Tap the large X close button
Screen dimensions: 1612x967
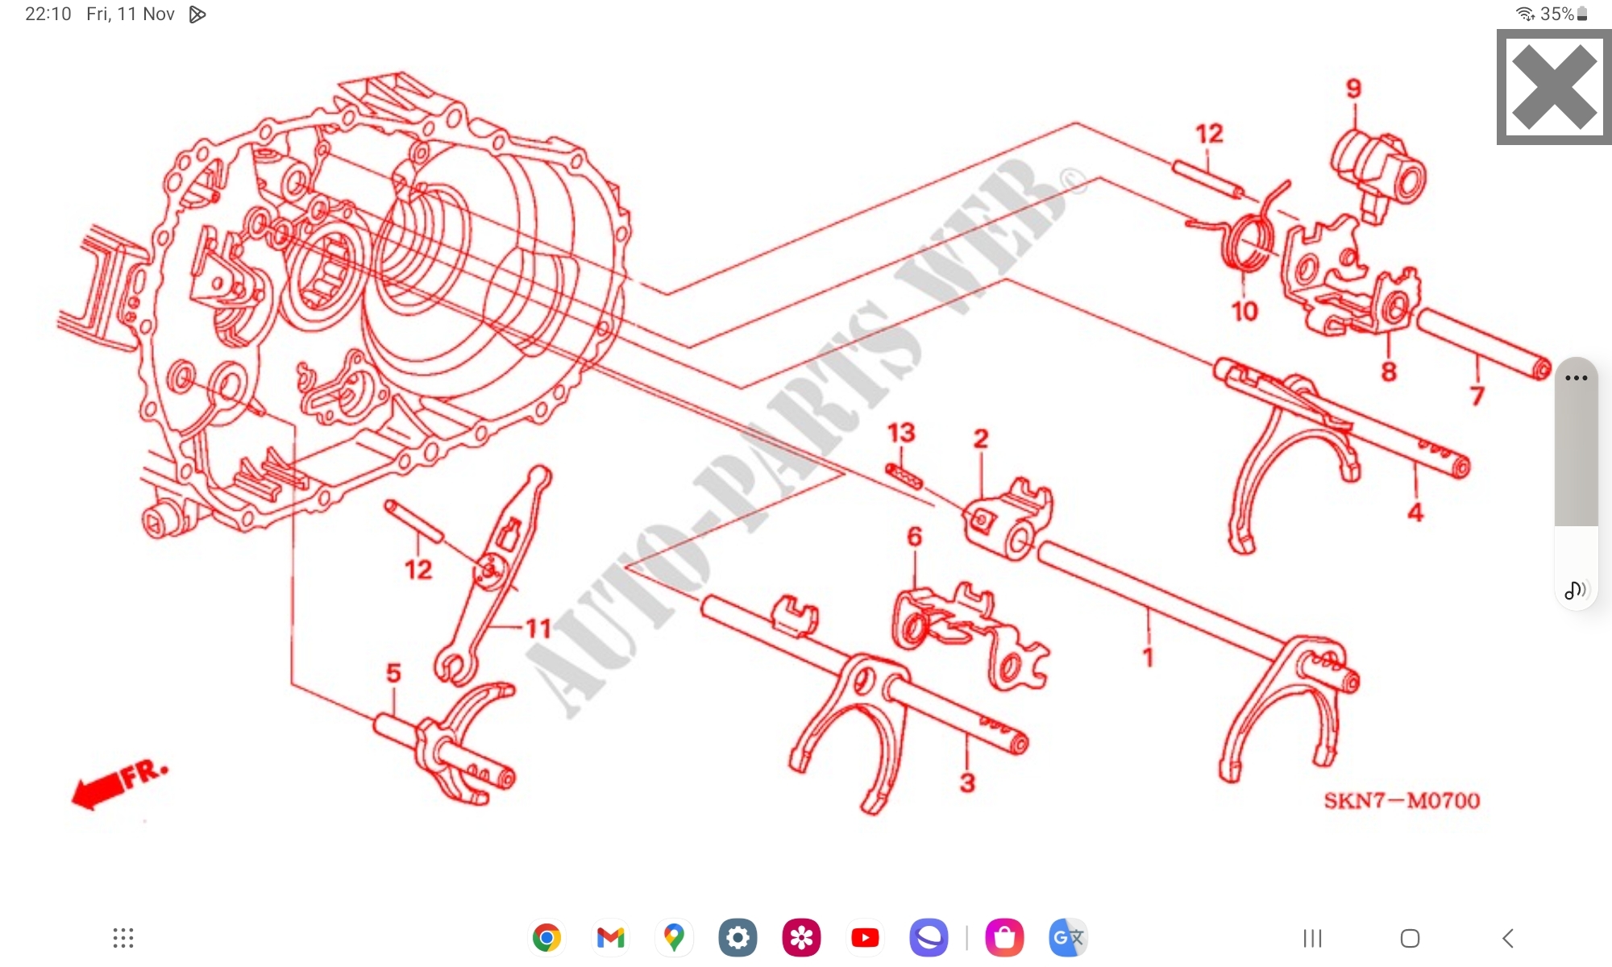point(1554,87)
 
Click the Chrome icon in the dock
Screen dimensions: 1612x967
point(546,937)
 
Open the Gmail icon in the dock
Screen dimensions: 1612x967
point(610,937)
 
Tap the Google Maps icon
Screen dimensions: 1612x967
point(674,937)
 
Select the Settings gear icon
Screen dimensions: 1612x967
point(737,937)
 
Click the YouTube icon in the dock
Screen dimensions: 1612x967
point(865,937)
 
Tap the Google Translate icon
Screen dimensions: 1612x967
point(1068,937)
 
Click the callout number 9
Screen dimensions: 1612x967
point(1354,89)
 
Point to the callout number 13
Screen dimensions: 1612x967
point(901,433)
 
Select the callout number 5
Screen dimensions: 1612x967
point(393,673)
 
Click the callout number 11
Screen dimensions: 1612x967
point(538,629)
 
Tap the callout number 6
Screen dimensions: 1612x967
point(914,537)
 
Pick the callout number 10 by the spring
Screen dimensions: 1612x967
point(1244,311)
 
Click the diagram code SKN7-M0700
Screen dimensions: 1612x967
point(1402,800)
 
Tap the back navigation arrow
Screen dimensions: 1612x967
point(1508,938)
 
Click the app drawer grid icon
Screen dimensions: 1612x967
point(123,938)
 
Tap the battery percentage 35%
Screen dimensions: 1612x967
point(1557,14)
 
